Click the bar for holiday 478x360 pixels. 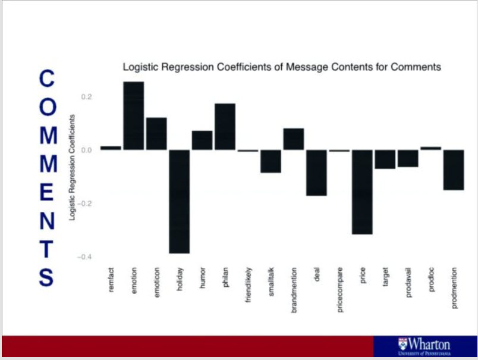tap(179, 201)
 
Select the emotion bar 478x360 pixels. tap(133, 115)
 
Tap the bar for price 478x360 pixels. tap(362, 192)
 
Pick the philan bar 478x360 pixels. tap(225, 126)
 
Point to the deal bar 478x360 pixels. tap(316, 173)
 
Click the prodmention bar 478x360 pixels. tap(454, 170)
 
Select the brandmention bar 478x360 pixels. tap(294, 139)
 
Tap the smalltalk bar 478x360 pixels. tap(271, 161)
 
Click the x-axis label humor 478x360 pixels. tap(202, 278)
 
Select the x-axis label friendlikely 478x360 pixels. tap(248, 286)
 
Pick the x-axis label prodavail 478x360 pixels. tap(408, 282)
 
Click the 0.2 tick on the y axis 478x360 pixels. tap(86, 96)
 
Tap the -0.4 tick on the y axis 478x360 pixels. tap(84, 257)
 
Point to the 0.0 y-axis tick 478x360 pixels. tap(86, 150)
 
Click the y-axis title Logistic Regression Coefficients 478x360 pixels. tap(72, 168)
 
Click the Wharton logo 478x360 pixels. tap(424, 346)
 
